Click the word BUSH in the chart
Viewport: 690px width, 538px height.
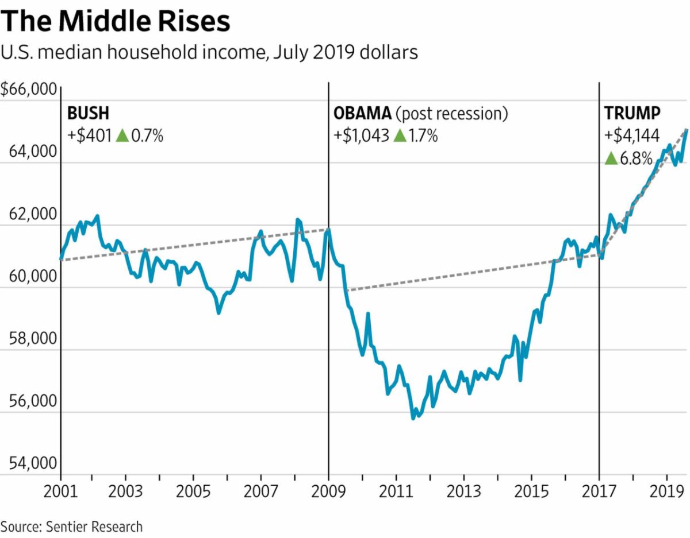(x=88, y=112)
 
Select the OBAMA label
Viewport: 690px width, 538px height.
(x=360, y=113)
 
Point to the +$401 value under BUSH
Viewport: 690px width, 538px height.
(x=90, y=136)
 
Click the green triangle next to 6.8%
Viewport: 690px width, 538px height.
(x=611, y=158)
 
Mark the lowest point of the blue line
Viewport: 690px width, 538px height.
(x=413, y=417)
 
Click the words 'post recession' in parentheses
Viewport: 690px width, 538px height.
(x=454, y=113)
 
